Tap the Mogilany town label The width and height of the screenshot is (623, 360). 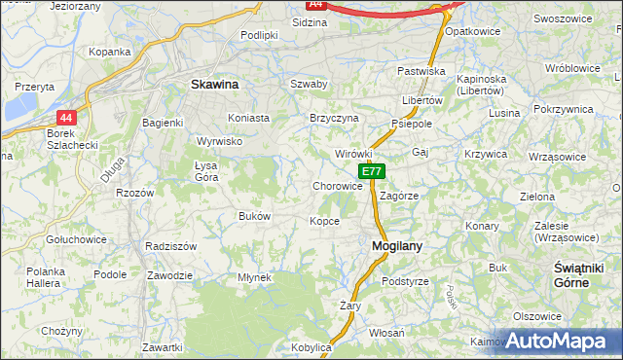pos(397,246)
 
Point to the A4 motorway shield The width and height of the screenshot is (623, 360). pos(314,4)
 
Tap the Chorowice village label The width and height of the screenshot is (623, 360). pos(338,186)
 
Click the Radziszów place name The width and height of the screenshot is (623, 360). pos(170,246)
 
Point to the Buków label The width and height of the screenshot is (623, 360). pos(254,216)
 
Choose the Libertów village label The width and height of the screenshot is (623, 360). pos(422,100)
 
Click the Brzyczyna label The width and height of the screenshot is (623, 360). pos(334,118)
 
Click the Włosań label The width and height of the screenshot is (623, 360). pos(386,333)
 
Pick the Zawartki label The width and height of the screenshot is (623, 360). pos(163,347)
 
